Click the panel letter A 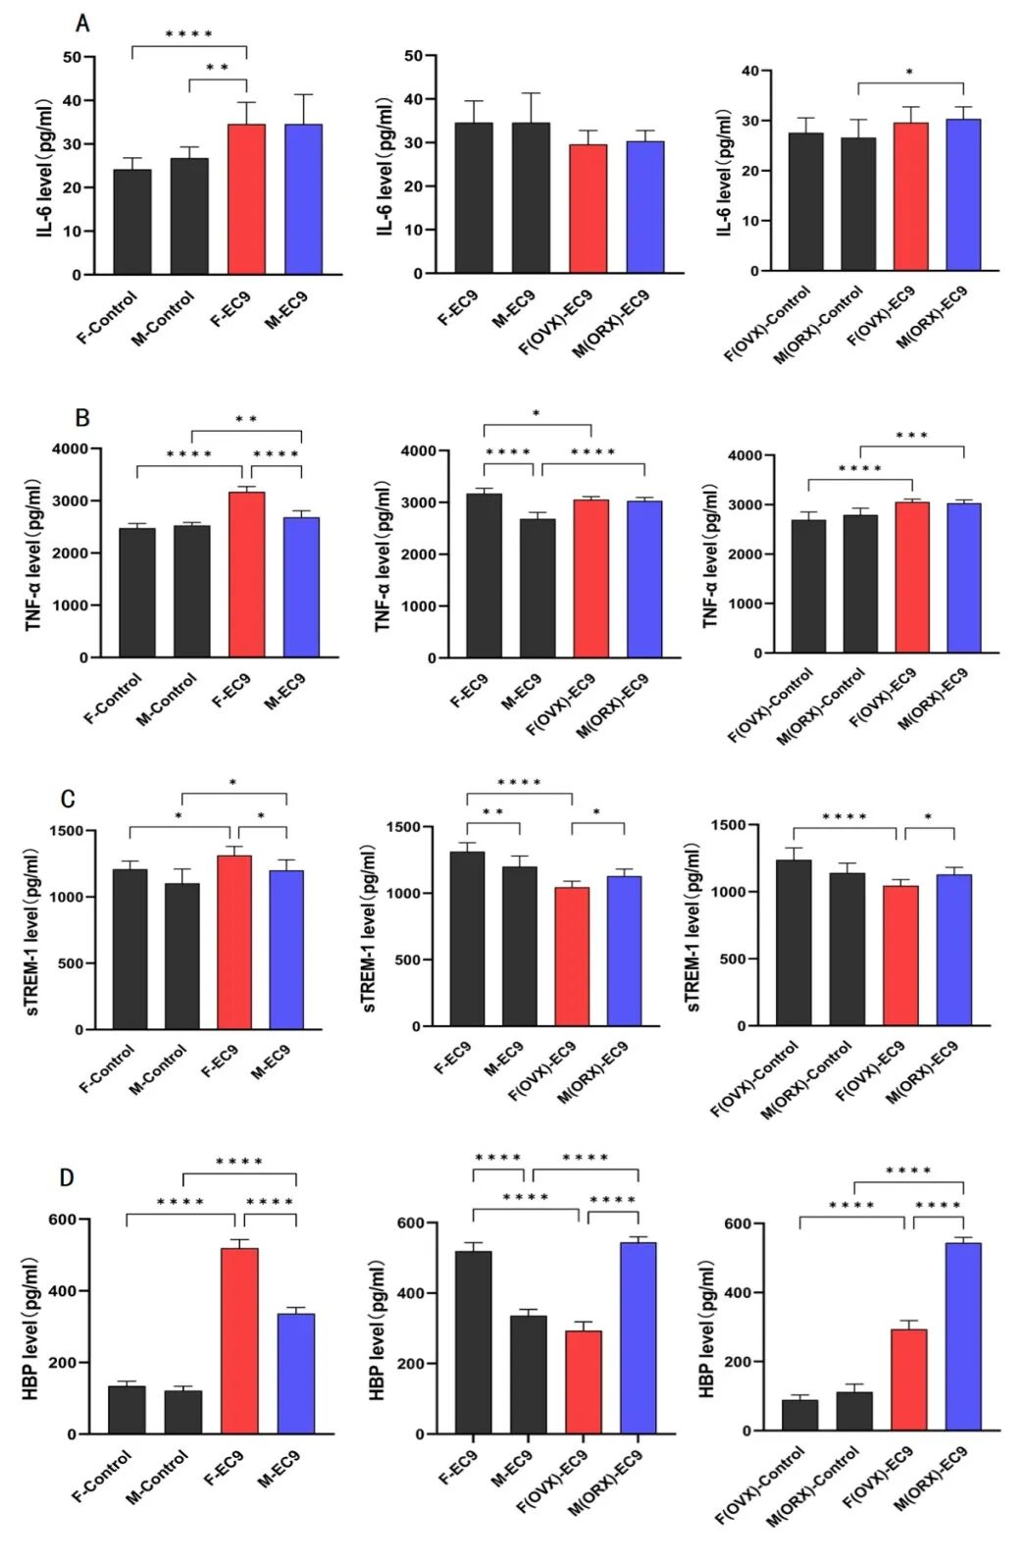82,24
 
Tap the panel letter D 67,1176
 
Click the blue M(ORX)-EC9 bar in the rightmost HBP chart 962,1336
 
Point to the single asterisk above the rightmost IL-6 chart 909,74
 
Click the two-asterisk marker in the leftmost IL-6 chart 217,69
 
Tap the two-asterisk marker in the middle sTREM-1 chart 492,813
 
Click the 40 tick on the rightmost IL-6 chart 750,72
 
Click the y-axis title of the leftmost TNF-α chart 32,554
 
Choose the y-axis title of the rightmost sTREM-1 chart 693,927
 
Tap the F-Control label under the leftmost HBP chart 102,1476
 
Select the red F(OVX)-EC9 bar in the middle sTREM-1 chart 572,957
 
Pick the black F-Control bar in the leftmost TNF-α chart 137,593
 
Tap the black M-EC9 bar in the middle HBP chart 529,1375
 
